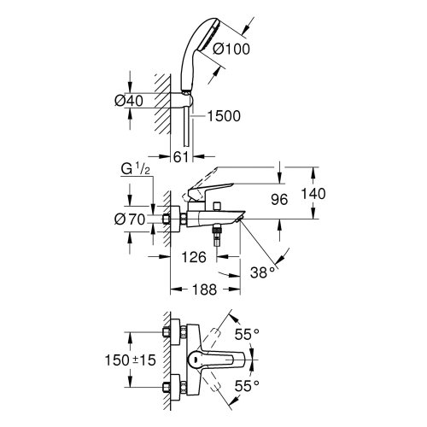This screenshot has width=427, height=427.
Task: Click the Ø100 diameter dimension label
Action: tap(231, 49)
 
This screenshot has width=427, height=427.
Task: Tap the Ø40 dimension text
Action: tap(129, 101)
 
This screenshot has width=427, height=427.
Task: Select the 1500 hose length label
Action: tap(224, 116)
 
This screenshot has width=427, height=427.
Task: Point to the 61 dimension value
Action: tap(181, 157)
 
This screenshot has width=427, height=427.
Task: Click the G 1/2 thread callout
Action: tap(135, 170)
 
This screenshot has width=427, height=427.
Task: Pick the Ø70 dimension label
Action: tap(130, 219)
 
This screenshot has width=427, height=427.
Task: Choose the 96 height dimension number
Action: tap(279, 200)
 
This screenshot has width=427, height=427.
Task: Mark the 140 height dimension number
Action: tap(313, 194)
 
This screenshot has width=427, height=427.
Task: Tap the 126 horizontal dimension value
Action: tap(194, 257)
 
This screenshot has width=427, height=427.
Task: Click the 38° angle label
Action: tap(263, 272)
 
